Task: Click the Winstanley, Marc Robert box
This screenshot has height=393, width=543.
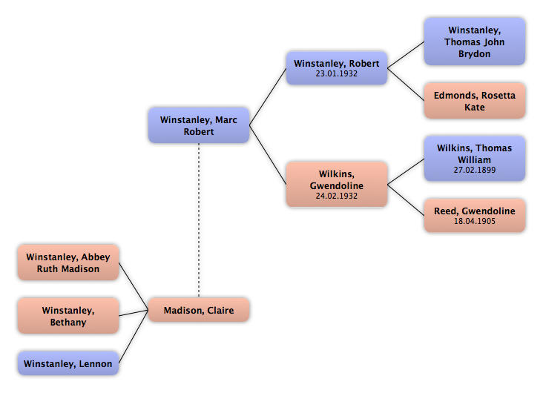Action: [198, 125]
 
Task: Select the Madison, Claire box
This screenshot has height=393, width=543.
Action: [199, 311]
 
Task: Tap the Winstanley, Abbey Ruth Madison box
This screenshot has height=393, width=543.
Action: [68, 263]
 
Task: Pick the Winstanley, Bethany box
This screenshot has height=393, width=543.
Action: [68, 316]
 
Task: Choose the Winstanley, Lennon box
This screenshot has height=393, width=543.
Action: [68, 363]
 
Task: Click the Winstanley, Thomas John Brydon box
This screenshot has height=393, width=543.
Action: [475, 42]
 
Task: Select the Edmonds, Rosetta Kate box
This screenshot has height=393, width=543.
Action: [475, 102]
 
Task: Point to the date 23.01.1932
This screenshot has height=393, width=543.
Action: [336, 74]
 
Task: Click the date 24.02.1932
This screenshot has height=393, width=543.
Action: [336, 196]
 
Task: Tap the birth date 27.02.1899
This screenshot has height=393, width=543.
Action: [475, 170]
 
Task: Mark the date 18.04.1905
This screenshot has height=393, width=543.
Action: [475, 221]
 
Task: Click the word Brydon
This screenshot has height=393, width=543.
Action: [475, 54]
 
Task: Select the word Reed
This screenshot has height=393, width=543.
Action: [446, 211]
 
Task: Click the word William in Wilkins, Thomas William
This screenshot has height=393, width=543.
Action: [475, 159]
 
